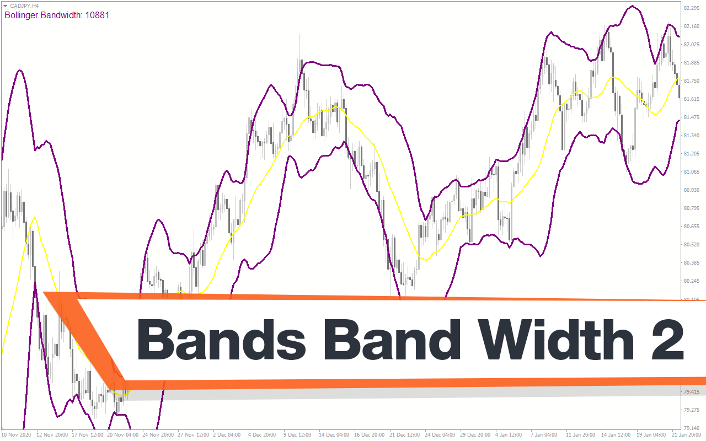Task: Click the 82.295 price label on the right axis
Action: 692,8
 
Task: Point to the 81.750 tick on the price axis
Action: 692,81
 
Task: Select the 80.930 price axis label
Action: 692,190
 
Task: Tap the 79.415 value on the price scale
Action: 692,392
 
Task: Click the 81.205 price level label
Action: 692,154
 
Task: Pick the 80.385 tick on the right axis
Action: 692,263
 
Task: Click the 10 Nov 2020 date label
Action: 16,435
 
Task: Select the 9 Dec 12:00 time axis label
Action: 297,435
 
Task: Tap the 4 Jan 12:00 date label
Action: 509,435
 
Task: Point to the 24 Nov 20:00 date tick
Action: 158,435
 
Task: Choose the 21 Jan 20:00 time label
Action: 688,435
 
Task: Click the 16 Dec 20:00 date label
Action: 369,435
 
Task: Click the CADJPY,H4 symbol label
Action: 24,6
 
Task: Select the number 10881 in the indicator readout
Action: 97,15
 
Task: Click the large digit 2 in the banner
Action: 667,340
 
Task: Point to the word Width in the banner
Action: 555,339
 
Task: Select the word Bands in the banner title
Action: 221,339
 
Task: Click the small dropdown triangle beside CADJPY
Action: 5,6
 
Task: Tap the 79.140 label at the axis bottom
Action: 692,428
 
